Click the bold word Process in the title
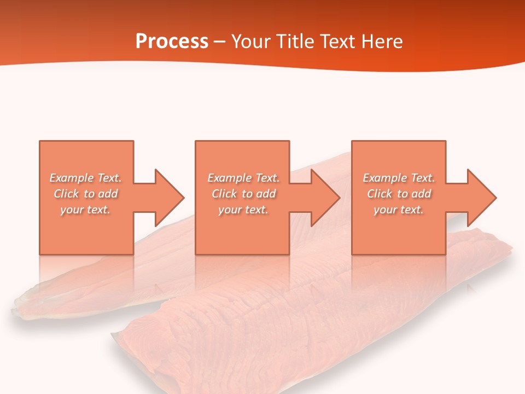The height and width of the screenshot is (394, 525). click(x=172, y=42)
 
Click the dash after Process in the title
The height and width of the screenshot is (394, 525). click(x=220, y=42)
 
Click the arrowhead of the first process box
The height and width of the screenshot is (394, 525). click(x=170, y=198)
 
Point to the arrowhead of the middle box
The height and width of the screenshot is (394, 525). click(x=326, y=198)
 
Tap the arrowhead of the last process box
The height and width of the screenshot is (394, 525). click(x=482, y=198)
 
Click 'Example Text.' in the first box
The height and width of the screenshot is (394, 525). click(x=86, y=178)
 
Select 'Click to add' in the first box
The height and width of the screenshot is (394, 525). click(x=86, y=194)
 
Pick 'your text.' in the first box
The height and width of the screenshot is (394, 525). click(x=86, y=210)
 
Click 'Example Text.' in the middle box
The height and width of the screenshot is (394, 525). click(x=243, y=178)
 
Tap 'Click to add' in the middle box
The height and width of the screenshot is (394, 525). click(x=243, y=194)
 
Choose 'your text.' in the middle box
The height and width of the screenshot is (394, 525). click(x=243, y=210)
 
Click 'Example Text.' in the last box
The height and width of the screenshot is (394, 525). click(x=399, y=178)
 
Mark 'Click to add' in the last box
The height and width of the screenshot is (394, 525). click(x=399, y=194)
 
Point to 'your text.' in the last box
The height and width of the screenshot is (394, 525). click(x=399, y=210)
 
